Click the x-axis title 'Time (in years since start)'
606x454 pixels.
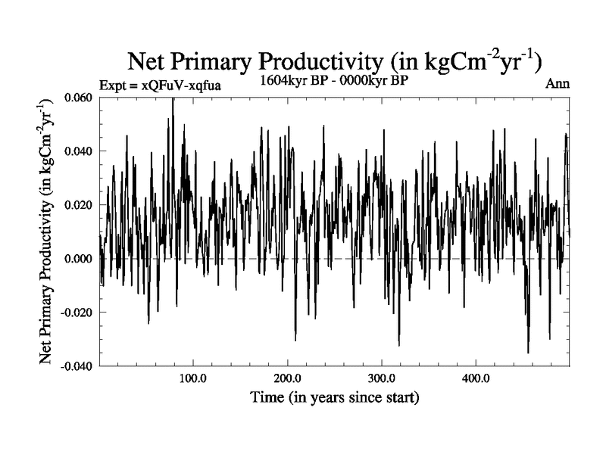click(335, 396)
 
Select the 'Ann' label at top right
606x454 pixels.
click(557, 84)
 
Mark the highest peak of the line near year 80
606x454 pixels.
click(173, 99)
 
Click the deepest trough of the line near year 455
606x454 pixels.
click(528, 352)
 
